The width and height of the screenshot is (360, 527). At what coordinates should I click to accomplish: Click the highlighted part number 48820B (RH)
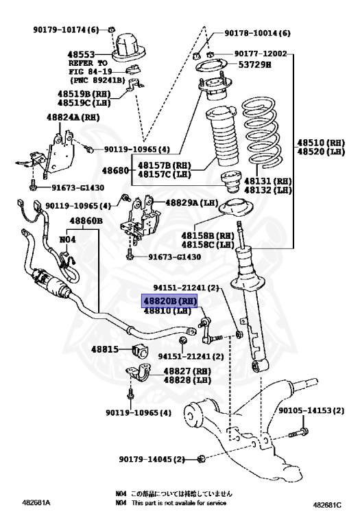pyautogui.click(x=169, y=301)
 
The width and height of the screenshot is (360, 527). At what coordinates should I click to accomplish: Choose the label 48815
pyautogui.click(x=106, y=349)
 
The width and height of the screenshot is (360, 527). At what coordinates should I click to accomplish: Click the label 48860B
pyautogui.click(x=85, y=221)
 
